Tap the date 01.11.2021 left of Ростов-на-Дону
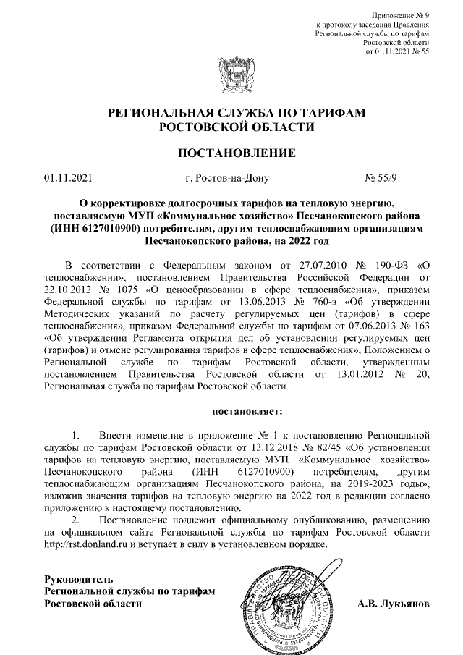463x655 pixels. [68, 177]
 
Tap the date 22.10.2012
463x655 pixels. [68, 291]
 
